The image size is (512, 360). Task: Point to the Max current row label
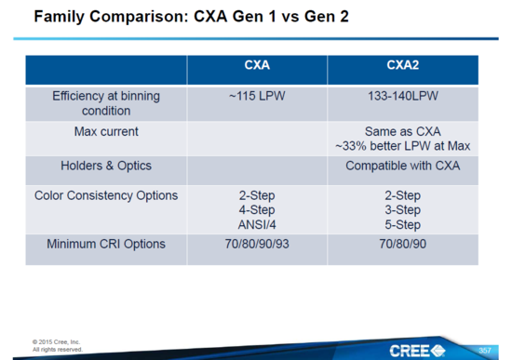pos(106,130)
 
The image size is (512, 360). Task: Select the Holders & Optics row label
pos(106,167)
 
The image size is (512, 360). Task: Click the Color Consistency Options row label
pos(106,196)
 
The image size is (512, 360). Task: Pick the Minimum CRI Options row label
pos(106,245)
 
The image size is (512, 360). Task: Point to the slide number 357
pos(485,350)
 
